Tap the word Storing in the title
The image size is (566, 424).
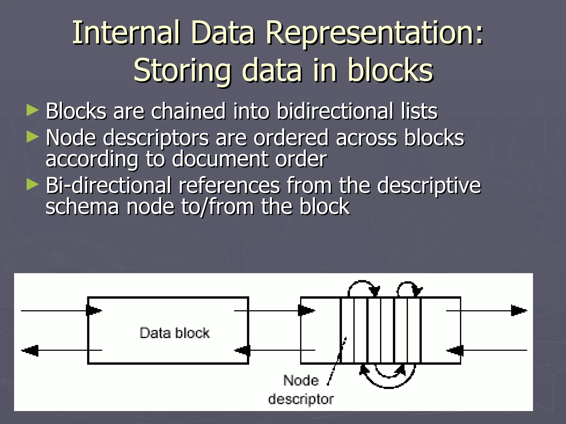click(182, 71)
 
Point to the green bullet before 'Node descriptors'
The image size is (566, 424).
click(33, 137)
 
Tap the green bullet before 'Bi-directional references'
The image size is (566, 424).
click(33, 184)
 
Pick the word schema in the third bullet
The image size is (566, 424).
click(82, 207)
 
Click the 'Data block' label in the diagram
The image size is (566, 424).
click(174, 333)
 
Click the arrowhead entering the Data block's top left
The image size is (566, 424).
click(93, 311)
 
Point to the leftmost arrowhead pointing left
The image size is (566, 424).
click(30, 351)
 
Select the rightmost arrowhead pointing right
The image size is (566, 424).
click(518, 311)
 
